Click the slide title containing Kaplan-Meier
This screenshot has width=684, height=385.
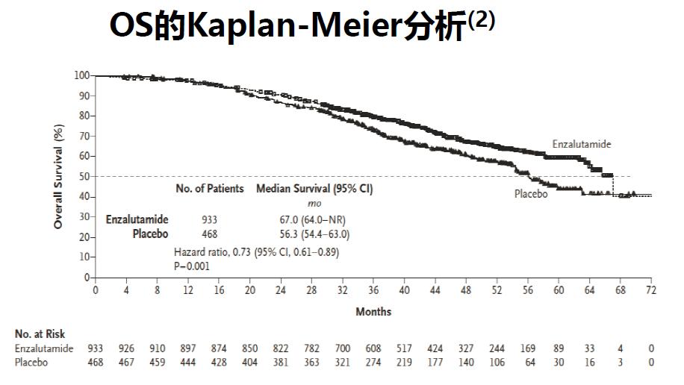click(302, 26)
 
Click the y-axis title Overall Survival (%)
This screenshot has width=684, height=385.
click(58, 176)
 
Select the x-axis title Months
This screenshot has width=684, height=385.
click(373, 311)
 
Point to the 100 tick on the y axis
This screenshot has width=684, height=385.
click(81, 75)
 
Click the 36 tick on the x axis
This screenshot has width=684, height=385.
click(373, 290)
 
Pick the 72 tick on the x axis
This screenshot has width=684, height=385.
click(650, 290)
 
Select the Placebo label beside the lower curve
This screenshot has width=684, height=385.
click(531, 194)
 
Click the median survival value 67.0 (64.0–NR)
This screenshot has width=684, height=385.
click(312, 219)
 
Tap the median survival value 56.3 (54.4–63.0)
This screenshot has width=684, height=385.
click(313, 234)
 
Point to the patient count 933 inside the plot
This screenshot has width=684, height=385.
click(210, 219)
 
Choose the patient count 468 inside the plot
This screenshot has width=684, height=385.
click(210, 234)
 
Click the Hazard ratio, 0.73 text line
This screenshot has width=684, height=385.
click(256, 251)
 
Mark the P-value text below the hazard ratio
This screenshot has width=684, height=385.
click(192, 266)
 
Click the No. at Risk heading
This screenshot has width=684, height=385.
click(40, 334)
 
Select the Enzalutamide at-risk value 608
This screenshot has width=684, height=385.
click(373, 348)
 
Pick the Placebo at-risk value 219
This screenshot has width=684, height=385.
click(404, 363)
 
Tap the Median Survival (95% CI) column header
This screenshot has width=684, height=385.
click(314, 189)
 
